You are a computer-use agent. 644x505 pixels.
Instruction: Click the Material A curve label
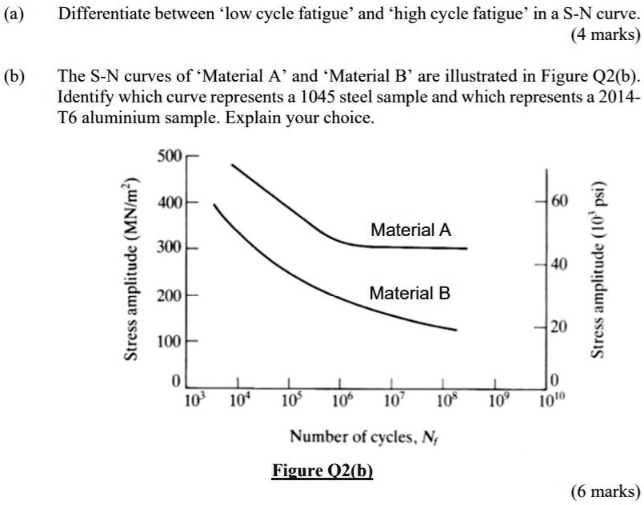[411, 230]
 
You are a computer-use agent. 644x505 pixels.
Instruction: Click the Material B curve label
[410, 294]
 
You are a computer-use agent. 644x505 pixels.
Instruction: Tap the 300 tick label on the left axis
[169, 248]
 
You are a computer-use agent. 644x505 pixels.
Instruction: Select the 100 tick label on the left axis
[169, 343]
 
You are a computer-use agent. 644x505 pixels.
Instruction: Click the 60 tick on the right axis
[558, 199]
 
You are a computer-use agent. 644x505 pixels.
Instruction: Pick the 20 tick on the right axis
[558, 327]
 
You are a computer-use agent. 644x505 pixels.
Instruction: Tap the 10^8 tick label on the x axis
[444, 399]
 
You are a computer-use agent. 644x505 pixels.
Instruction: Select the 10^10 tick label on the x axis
[548, 399]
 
